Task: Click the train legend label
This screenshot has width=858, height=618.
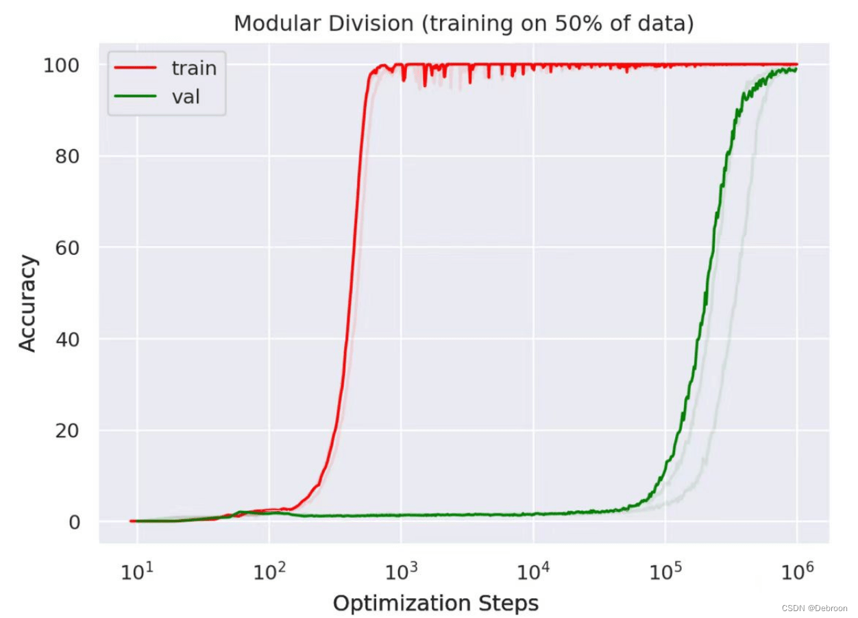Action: (x=194, y=68)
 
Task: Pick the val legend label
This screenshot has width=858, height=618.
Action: (x=186, y=97)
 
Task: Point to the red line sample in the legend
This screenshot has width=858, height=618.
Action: (x=136, y=67)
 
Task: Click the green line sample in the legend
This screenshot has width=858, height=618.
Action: (x=136, y=96)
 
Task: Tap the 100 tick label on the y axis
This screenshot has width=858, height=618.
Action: (x=61, y=66)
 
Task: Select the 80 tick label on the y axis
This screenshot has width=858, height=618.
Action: (x=67, y=156)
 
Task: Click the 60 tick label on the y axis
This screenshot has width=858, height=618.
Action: (x=67, y=248)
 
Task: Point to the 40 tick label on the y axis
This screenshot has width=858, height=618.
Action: (x=67, y=339)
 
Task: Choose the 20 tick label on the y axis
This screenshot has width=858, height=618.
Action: (x=67, y=431)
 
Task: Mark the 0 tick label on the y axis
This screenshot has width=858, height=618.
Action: (x=74, y=522)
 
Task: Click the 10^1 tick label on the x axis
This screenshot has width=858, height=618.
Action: (x=137, y=571)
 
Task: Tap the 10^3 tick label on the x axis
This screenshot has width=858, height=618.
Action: (x=401, y=571)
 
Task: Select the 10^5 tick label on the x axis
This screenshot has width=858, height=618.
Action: (x=665, y=571)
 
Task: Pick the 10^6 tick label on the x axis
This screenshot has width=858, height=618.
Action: (x=797, y=571)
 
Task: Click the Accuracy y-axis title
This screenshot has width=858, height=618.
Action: (x=27, y=303)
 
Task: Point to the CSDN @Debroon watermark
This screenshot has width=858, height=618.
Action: (x=814, y=608)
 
